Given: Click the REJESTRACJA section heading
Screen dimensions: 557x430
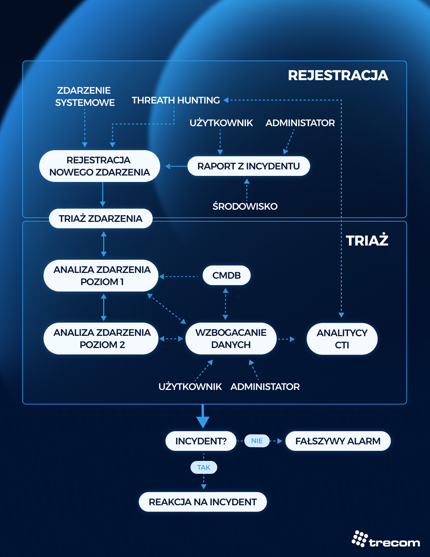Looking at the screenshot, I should pos(338,75).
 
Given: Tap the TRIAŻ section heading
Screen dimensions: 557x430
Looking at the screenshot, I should pos(367,240).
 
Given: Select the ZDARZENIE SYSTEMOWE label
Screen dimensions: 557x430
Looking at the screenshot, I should pos(85,96).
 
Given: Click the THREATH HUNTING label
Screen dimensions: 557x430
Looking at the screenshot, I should pos(176,100).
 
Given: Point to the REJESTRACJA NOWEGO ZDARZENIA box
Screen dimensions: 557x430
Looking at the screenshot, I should pos(99,166).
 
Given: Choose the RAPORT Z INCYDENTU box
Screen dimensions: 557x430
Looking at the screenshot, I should pos(249,166).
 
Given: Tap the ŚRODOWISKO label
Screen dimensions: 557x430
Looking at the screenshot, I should pos(245,206).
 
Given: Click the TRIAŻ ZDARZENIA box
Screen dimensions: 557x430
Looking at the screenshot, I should pos(101,218).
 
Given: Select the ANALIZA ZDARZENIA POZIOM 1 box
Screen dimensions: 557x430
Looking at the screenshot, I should pos(101,276).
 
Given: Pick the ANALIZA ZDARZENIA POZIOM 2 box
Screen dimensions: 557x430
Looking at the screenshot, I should pos(101,339).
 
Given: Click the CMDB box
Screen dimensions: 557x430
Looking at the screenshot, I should pos(227,275).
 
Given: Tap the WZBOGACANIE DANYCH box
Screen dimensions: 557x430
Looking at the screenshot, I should pos(231,339).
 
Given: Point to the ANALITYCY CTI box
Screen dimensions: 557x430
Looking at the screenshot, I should pos(342,339).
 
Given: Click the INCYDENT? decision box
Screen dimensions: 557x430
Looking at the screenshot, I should pos(201,441).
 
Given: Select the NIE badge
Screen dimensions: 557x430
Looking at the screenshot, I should pos(257,441).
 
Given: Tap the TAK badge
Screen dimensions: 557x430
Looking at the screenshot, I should pos(204,467).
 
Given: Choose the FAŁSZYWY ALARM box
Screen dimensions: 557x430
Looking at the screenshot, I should pos(338,441).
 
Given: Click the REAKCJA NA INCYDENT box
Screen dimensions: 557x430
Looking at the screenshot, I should pos(203,502).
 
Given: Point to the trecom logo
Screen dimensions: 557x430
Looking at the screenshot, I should pos(386,539).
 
